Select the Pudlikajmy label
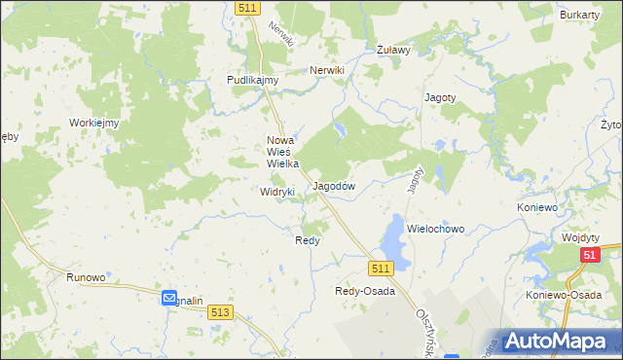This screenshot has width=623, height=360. coord(253,80)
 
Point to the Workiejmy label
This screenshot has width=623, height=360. coord(93,123)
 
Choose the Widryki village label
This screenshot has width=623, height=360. coord(277,193)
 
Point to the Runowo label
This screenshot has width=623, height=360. coord(86,277)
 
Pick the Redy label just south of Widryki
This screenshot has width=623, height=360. coord(308,239)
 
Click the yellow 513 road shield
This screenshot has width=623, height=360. coord(220,311)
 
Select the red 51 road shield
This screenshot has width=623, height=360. coord(589,255)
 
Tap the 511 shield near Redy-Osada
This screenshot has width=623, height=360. coord(380,268)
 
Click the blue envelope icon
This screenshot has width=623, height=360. coord(168,299)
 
